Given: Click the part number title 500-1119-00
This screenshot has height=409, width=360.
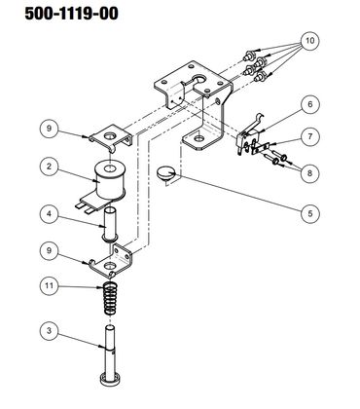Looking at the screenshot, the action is pyautogui.click(x=71, y=14).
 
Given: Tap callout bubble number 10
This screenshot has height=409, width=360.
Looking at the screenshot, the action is pyautogui.click(x=310, y=41).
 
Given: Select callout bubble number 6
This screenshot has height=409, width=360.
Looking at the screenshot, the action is pyautogui.click(x=310, y=104).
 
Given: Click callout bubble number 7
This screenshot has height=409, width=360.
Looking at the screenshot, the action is pyautogui.click(x=310, y=136).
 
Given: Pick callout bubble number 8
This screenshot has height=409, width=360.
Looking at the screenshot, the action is pyautogui.click(x=310, y=173).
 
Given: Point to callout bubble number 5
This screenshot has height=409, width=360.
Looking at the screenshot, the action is pyautogui.click(x=310, y=214).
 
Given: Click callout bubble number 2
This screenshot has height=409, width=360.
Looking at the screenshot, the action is pyautogui.click(x=49, y=167).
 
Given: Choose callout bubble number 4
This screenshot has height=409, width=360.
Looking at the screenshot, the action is pyautogui.click(x=49, y=214).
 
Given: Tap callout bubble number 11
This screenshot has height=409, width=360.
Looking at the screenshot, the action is pyautogui.click(x=49, y=286).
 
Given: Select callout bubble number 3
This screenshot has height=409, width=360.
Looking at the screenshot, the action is pyautogui.click(x=49, y=331).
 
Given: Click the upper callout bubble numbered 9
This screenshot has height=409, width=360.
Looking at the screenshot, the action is pyautogui.click(x=49, y=129).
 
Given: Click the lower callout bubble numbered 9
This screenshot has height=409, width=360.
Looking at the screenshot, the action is pyautogui.click(x=49, y=250).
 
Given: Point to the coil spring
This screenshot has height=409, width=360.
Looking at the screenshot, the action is pyautogui.click(x=110, y=298).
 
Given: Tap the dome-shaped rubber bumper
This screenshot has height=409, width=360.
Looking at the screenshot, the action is pyautogui.click(x=165, y=172).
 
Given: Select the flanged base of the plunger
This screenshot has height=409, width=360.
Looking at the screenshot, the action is pyautogui.click(x=110, y=380).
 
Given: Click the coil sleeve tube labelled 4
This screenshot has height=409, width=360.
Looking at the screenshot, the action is pyautogui.click(x=110, y=224).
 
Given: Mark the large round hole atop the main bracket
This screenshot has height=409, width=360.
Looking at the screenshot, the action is pyautogui.click(x=199, y=79).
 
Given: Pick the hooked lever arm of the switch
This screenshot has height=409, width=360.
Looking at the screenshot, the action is pyautogui.click(x=259, y=123).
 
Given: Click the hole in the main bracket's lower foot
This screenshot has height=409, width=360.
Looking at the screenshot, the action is pyautogui.click(x=198, y=139).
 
